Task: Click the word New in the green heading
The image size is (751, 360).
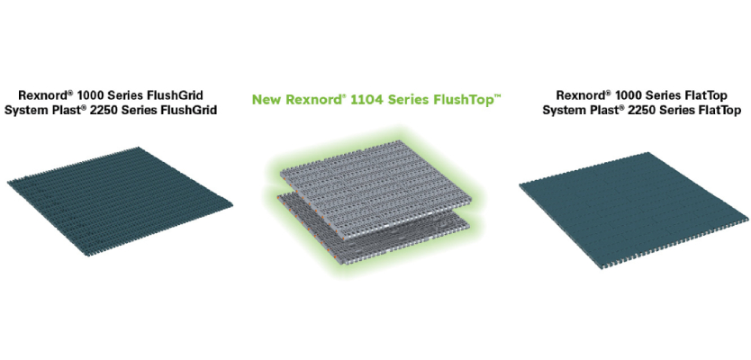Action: click(x=267, y=100)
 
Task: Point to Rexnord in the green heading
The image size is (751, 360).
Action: click(x=312, y=100)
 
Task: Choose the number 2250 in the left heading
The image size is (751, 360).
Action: click(x=109, y=111)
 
